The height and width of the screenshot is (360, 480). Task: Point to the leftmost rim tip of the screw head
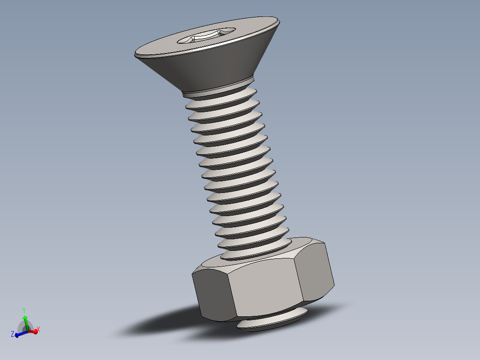pos(135,54)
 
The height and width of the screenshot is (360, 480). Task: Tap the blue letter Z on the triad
pos(12,334)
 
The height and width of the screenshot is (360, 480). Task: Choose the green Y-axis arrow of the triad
pos(25,321)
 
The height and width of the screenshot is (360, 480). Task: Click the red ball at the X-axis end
pos(35,331)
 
